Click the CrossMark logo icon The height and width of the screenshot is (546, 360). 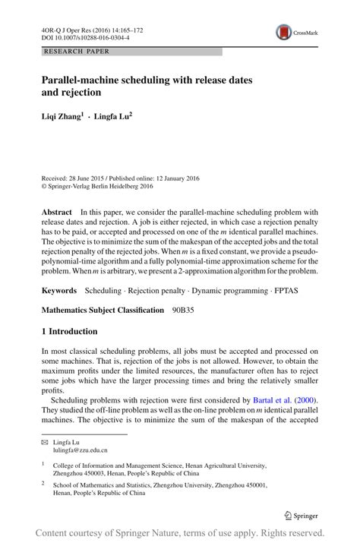284,31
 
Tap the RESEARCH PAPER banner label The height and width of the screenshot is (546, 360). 76,52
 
